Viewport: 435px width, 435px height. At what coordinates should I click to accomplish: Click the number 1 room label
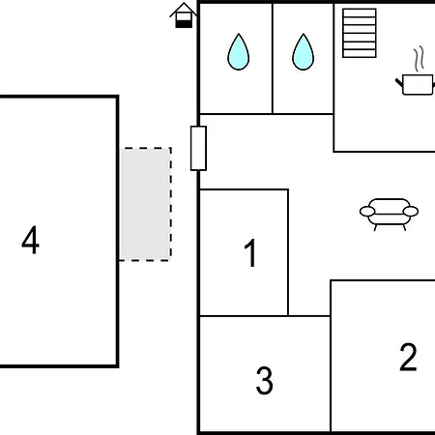(250, 253)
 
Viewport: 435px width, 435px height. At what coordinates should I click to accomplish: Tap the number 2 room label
(408, 357)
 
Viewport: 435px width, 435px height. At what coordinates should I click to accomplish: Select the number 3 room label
(265, 381)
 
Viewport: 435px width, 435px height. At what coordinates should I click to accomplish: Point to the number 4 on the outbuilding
(31, 240)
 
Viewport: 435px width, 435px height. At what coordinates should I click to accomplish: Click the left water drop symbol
(239, 52)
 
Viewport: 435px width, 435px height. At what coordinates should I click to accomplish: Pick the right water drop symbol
(304, 52)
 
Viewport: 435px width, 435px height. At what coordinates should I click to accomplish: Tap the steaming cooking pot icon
(416, 72)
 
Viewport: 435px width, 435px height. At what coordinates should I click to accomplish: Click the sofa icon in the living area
(389, 215)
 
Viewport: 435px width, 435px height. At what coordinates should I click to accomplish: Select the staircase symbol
(360, 33)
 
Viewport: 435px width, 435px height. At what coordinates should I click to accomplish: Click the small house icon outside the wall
(184, 15)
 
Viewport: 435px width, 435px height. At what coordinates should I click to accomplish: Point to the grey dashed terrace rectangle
(146, 204)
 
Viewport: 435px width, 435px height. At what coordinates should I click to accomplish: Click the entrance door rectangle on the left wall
(198, 148)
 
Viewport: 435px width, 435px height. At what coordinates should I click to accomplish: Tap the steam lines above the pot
(419, 59)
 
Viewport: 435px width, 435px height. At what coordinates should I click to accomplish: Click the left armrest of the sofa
(367, 212)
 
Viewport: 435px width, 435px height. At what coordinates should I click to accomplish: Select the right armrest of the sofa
(411, 212)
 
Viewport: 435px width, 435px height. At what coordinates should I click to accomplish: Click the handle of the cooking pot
(399, 82)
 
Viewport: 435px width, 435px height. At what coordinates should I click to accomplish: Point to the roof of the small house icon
(184, 9)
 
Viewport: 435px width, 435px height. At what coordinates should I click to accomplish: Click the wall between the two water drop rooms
(273, 58)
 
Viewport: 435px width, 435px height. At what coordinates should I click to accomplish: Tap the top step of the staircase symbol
(360, 13)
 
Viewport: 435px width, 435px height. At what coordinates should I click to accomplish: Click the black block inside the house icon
(184, 24)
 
